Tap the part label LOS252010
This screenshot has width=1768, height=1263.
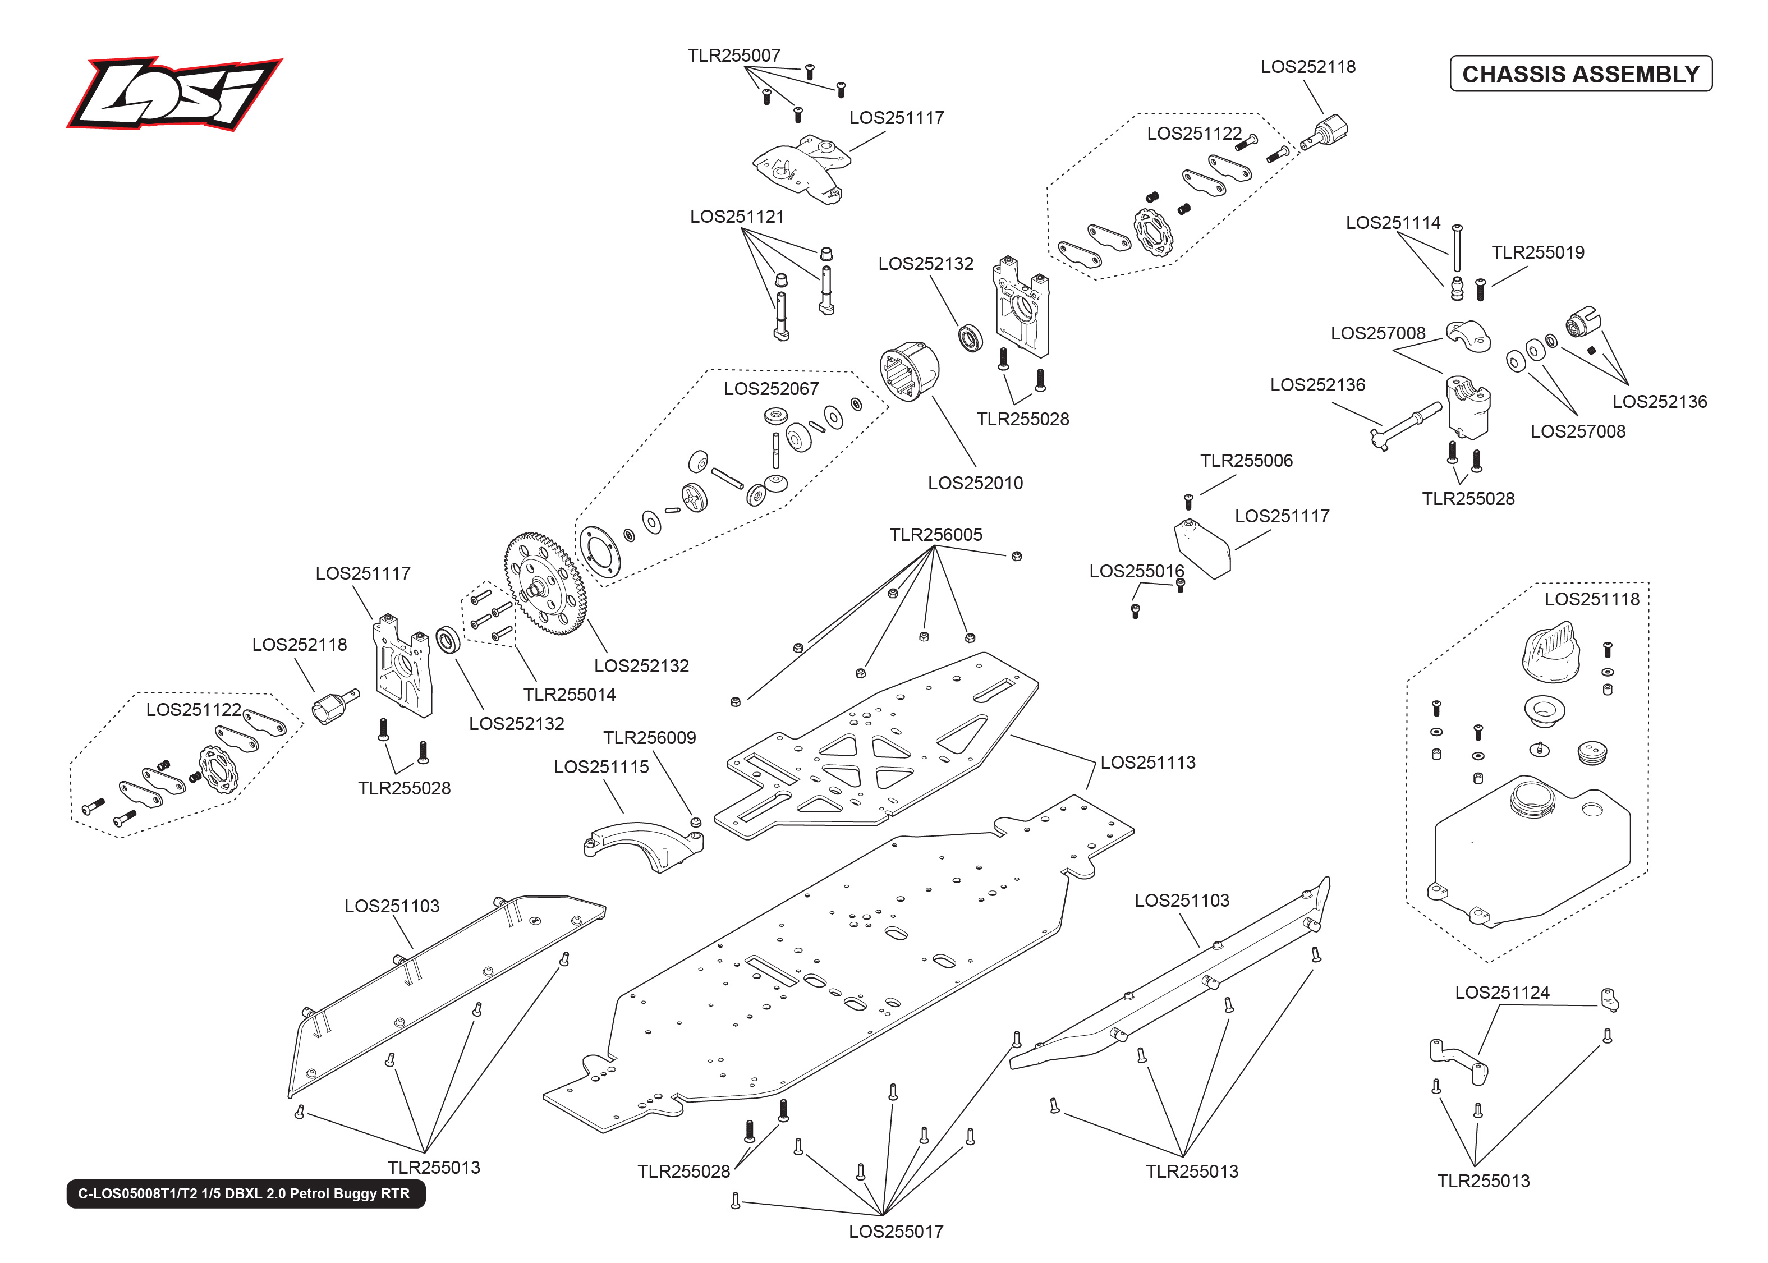click(975, 483)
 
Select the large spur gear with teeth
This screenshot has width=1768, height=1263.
click(544, 584)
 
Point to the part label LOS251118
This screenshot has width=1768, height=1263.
click(1591, 599)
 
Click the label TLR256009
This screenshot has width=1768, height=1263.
click(649, 737)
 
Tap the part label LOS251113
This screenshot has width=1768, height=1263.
click(1147, 762)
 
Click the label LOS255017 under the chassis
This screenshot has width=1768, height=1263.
click(896, 1231)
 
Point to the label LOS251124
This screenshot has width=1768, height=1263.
click(1501, 993)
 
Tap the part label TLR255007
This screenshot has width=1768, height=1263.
click(733, 55)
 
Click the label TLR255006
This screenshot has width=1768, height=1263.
click(1246, 461)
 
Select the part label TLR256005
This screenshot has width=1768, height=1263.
click(935, 534)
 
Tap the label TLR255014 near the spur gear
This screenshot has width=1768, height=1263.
click(569, 695)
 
